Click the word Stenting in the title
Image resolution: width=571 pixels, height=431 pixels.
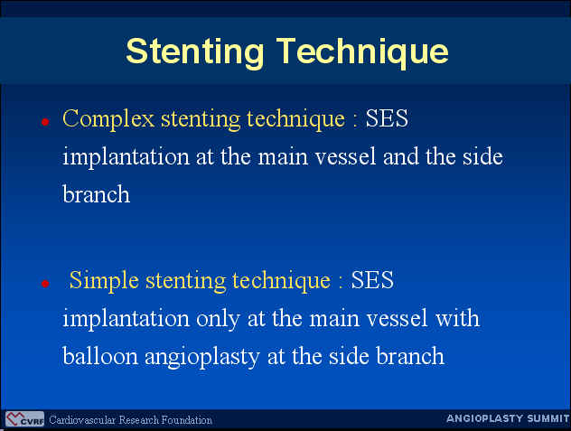click(x=195, y=52)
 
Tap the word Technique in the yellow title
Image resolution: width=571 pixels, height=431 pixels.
click(x=362, y=52)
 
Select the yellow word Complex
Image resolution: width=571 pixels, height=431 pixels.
click(x=108, y=119)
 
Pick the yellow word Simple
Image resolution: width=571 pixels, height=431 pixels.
click(x=104, y=280)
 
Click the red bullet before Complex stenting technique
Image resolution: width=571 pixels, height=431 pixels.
click(x=45, y=122)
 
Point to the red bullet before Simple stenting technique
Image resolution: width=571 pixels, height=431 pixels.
click(x=45, y=284)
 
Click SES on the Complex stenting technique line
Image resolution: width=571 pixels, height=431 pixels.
click(x=387, y=118)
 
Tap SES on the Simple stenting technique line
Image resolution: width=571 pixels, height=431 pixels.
click(x=372, y=280)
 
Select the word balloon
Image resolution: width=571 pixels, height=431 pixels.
click(x=100, y=356)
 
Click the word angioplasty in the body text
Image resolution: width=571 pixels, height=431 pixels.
click(x=202, y=357)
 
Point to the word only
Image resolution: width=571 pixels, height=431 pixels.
click(x=218, y=319)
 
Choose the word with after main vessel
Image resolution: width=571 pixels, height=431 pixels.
click(x=458, y=318)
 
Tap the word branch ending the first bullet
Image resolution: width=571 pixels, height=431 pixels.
click(x=96, y=194)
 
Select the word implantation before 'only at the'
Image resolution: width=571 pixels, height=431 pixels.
click(x=126, y=319)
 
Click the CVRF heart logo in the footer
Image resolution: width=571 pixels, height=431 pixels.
click(x=24, y=419)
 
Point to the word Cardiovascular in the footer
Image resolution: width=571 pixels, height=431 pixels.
click(x=82, y=420)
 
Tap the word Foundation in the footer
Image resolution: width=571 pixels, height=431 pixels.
click(x=187, y=420)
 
